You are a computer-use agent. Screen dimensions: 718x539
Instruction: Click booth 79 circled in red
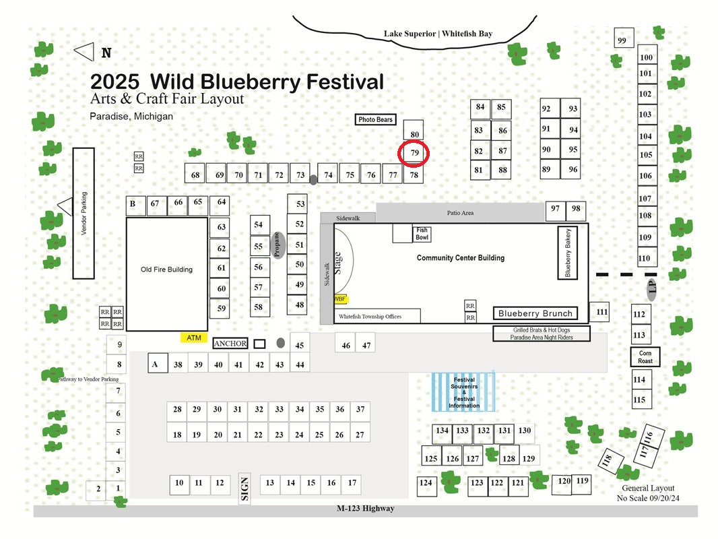pyautogui.click(x=414, y=154)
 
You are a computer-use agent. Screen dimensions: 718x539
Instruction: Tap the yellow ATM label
pyautogui.click(x=194, y=338)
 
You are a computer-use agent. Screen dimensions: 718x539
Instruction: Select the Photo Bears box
pyautogui.click(x=375, y=119)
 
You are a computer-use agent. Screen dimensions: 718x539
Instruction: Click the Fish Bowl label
pyautogui.click(x=422, y=234)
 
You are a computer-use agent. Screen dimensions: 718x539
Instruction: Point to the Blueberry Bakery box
pyautogui.click(x=567, y=253)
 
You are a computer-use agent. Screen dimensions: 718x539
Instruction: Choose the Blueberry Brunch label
pyautogui.click(x=535, y=313)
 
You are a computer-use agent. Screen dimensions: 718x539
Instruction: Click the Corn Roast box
pyautogui.click(x=645, y=356)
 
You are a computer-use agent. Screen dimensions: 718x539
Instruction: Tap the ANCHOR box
pyautogui.click(x=230, y=344)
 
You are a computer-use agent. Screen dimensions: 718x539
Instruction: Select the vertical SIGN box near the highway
pyautogui.click(x=244, y=488)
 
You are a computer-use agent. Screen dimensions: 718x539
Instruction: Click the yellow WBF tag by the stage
pyautogui.click(x=341, y=299)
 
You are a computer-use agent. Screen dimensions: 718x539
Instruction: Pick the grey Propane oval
pyautogui.click(x=278, y=245)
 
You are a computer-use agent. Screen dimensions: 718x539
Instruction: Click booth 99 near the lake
pyautogui.click(x=624, y=38)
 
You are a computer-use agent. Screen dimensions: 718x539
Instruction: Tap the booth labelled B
pyautogui.click(x=135, y=205)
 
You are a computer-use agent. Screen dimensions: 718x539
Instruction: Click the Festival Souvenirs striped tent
pyautogui.click(x=463, y=392)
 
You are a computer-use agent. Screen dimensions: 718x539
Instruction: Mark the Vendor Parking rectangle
pyautogui.click(x=84, y=214)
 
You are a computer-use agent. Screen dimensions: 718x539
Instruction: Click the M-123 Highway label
pyautogui.click(x=366, y=508)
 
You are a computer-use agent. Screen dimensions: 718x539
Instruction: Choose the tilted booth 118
pyautogui.click(x=611, y=461)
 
